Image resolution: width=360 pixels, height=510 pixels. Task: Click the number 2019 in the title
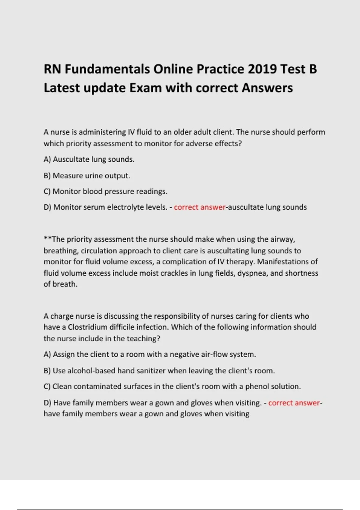262,69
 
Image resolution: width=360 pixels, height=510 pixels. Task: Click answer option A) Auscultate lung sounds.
89,159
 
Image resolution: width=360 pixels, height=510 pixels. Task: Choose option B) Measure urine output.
87,175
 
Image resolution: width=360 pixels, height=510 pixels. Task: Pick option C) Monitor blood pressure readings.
105,191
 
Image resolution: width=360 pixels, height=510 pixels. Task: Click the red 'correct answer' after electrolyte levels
199,207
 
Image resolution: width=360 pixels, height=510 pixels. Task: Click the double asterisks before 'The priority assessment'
48,239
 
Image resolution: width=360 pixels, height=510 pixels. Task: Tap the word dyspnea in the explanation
252,273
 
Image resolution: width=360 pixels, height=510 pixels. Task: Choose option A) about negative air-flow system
150,354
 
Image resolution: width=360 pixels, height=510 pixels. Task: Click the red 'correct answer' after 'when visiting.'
294,403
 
